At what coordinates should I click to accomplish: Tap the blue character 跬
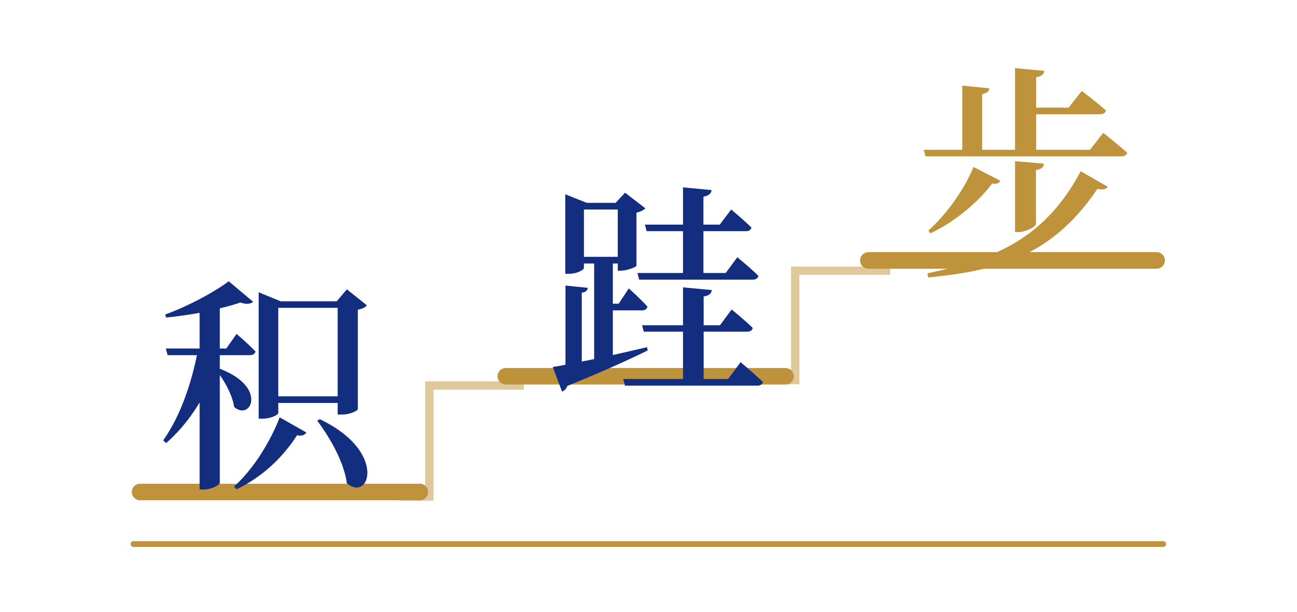[658, 289]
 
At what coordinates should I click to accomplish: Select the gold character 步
[1025, 172]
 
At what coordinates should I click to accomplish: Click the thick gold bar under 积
[280, 492]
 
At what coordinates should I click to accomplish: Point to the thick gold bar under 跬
[645, 376]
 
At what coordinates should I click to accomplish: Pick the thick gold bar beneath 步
[1013, 260]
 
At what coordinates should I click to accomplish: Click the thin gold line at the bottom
[648, 544]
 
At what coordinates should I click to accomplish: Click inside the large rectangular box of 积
[308, 352]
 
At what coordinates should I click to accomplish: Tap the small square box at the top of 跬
[601, 233]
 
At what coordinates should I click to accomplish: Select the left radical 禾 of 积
[209, 385]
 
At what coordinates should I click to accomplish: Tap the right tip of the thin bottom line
[1164, 544]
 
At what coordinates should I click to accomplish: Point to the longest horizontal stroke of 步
[1025, 153]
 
